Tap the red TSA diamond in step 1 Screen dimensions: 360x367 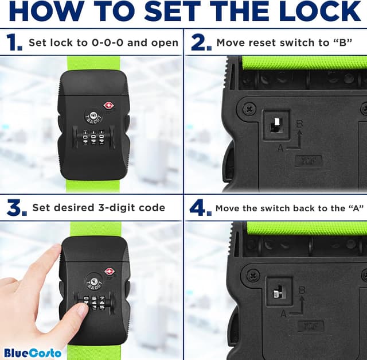click(108, 106)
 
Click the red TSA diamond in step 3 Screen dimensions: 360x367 click(108, 271)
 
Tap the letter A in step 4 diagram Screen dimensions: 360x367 click(283, 314)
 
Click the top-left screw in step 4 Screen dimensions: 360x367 click(250, 275)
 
